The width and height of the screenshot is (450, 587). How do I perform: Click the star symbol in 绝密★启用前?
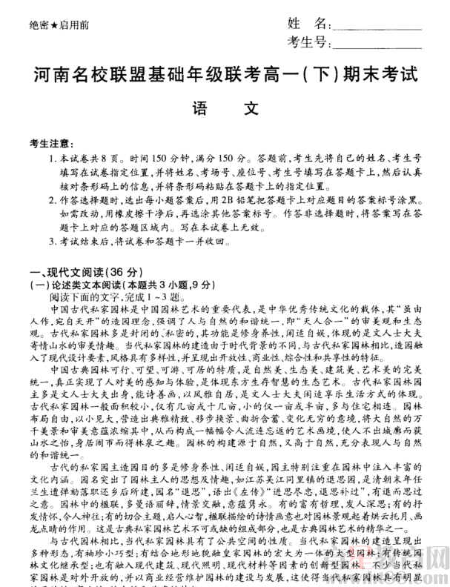tap(56, 25)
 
